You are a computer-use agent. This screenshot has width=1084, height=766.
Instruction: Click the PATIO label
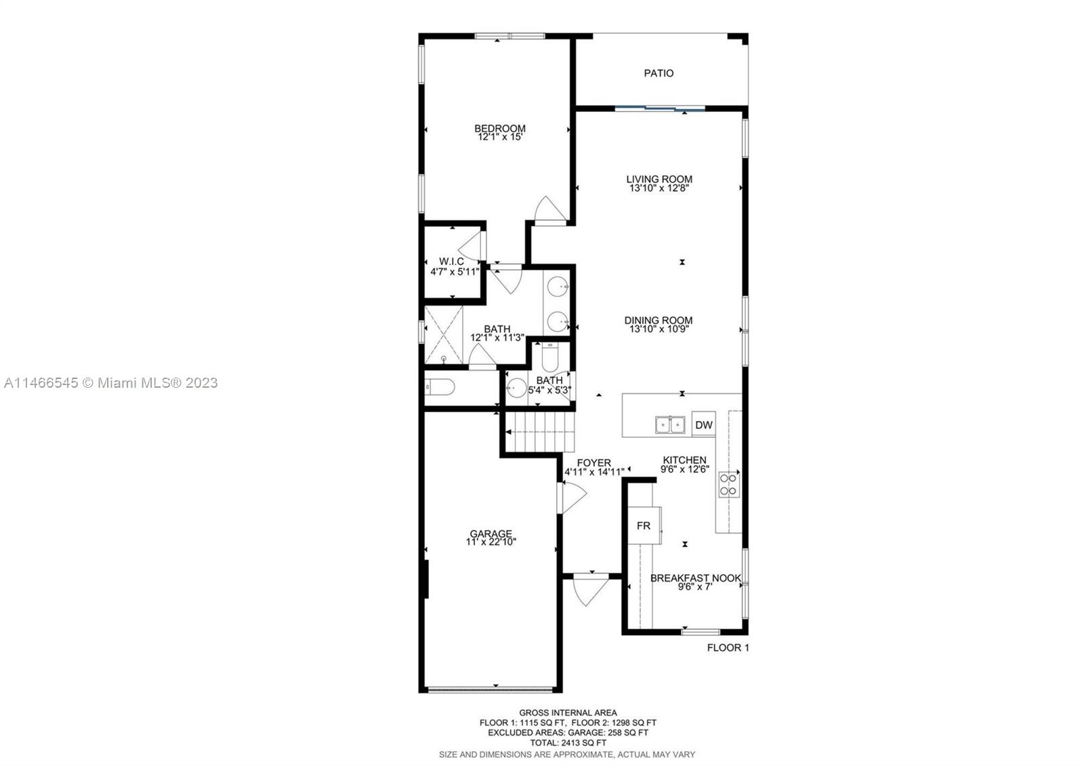coord(658,73)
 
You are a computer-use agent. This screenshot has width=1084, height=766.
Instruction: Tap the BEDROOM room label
coord(499,128)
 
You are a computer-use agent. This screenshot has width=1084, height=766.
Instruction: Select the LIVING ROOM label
coord(659,179)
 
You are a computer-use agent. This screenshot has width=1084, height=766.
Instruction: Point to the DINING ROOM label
coord(658,320)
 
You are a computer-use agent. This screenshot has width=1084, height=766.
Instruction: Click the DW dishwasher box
coord(704,424)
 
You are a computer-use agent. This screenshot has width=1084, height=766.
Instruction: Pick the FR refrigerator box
coord(644,525)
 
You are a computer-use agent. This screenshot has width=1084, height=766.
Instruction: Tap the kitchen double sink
coord(670,424)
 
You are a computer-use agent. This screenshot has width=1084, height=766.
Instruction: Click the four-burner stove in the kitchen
coord(729,485)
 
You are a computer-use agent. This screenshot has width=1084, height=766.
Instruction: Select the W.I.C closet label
coord(451,262)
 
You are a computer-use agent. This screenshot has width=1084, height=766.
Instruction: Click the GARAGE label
coord(491,534)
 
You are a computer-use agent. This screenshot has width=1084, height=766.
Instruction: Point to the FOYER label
coord(593,463)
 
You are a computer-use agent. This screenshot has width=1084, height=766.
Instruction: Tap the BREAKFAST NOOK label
coord(695,578)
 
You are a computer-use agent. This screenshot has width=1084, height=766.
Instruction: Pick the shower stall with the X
coord(444,335)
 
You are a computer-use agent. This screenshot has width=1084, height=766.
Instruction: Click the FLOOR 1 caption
coord(728,647)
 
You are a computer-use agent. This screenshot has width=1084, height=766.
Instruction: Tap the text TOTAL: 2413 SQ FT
coord(568,742)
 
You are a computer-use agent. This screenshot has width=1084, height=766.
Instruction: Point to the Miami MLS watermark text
coord(111,383)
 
